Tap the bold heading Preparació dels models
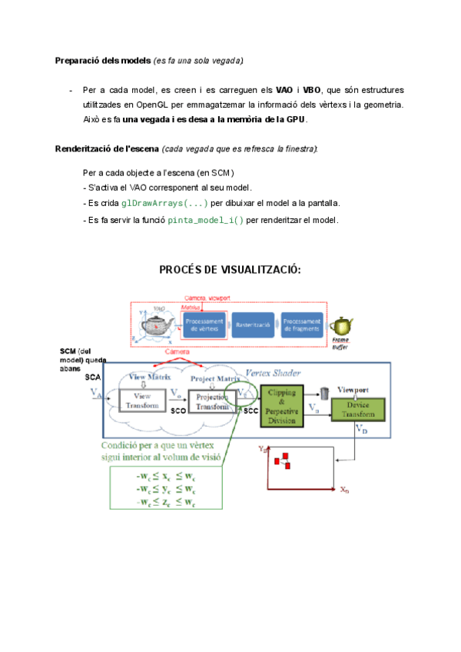coord(103,60)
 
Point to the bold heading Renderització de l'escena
coord(107,148)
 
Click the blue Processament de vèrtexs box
coord(204,325)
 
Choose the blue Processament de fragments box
coord(302,325)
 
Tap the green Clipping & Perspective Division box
coord(284,404)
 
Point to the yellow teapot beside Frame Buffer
coord(340,326)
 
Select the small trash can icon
coord(325,393)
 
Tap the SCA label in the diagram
coord(92,378)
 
